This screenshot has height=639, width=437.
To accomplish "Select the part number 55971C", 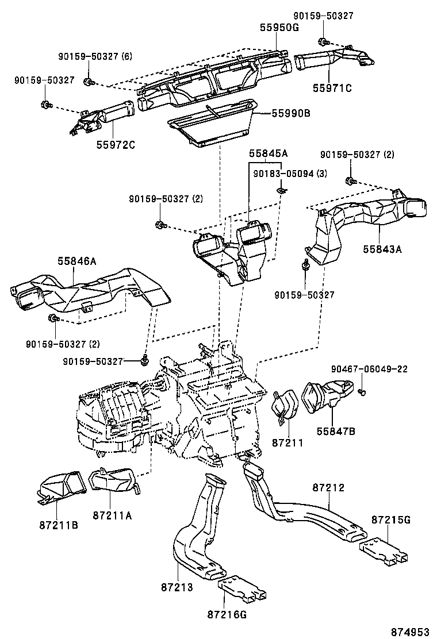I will [x=332, y=88].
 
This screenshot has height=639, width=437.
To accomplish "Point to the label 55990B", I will [x=291, y=114].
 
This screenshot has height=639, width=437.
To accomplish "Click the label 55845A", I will [x=268, y=154].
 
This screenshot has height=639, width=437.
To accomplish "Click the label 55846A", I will [x=76, y=261].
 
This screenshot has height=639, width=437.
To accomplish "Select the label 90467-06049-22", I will [x=370, y=369].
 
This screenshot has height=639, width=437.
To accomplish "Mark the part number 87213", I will [x=176, y=588].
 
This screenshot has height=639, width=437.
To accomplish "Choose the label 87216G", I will [x=227, y=614].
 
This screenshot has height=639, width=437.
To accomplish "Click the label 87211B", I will [x=59, y=525].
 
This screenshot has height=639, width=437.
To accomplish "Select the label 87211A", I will [x=113, y=515].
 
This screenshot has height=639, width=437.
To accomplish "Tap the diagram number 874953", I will [x=411, y=632].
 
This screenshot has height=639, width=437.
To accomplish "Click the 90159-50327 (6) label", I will [x=95, y=56].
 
